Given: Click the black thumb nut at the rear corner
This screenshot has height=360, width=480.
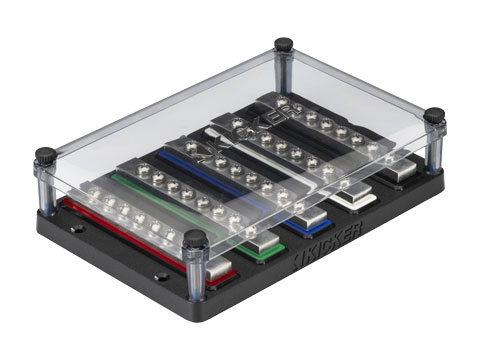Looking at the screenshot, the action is pyautogui.click(x=284, y=44).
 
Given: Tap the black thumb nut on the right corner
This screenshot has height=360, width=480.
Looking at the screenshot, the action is pyautogui.click(x=434, y=116).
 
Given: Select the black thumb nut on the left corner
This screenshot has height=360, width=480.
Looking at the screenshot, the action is pyautogui.click(x=46, y=155).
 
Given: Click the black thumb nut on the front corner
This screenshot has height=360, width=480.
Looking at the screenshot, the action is pyautogui.click(x=196, y=238).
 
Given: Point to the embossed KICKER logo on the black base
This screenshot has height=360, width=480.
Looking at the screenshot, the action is pyautogui.click(x=328, y=245).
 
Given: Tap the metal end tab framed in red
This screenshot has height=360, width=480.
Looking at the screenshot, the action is pyautogui.click(x=218, y=268).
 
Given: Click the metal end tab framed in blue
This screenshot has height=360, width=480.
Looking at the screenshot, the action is pyautogui.click(x=311, y=217).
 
